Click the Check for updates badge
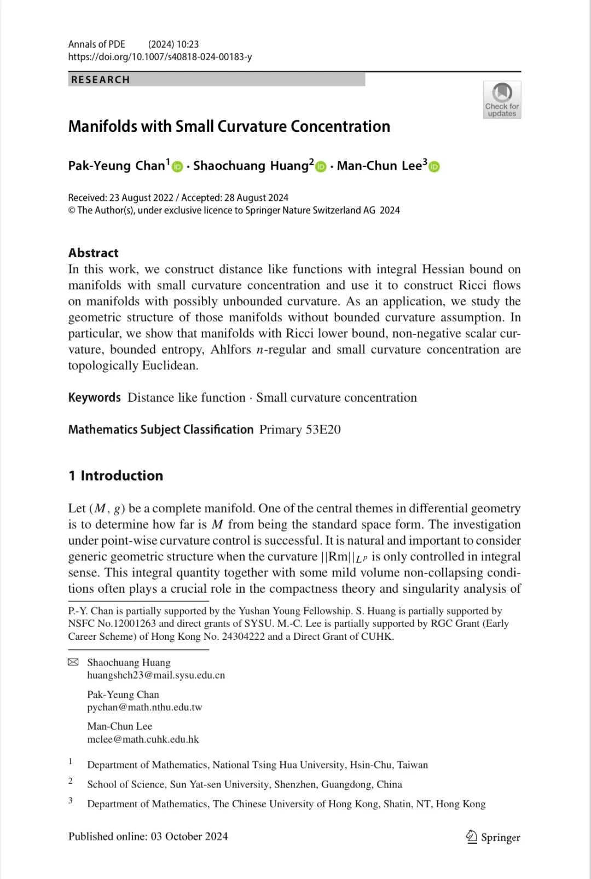pos(502,100)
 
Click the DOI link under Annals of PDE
pos(160,57)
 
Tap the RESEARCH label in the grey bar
pos(101,80)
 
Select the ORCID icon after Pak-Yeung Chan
pos(177,167)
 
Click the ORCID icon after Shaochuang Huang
pos(321,167)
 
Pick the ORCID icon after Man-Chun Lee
pos(434,167)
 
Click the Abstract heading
pos(94,253)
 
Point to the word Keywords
pos(94,397)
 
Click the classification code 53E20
pos(323,430)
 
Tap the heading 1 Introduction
pos(116,476)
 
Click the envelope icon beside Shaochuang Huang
pos(73,662)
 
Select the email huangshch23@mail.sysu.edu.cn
pos(156,675)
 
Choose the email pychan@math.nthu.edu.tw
pos(144,707)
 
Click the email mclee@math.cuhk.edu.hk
pos(143,739)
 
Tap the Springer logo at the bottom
pos(493,837)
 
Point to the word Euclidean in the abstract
pos(170,366)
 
